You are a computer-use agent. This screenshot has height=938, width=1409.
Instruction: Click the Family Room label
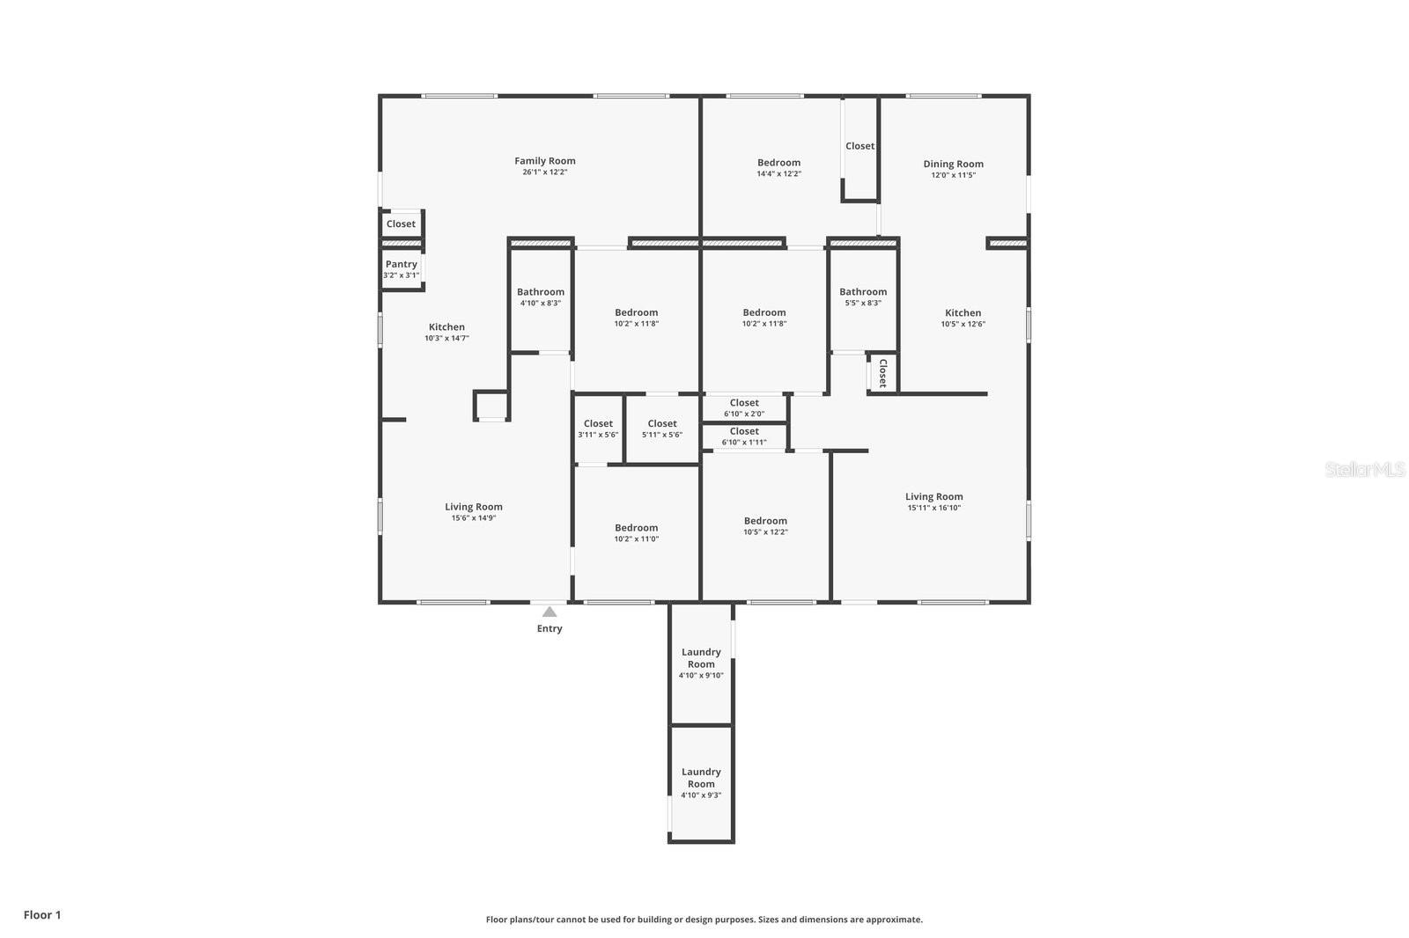[x=544, y=161]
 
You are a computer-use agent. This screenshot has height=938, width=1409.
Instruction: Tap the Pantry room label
[x=401, y=264]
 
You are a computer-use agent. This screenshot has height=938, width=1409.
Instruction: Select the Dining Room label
[x=953, y=164]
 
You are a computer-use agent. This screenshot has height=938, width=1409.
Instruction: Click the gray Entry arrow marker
[x=550, y=612]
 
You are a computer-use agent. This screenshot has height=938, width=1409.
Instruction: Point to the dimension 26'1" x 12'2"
[x=544, y=172]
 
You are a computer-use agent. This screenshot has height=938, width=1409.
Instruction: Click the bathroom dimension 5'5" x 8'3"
[x=862, y=303]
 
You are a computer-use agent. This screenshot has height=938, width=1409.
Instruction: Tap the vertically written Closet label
[x=882, y=373]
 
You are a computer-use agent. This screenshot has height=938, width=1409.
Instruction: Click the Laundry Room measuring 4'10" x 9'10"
[x=701, y=663]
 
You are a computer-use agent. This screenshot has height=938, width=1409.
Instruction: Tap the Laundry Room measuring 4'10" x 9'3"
[x=701, y=783]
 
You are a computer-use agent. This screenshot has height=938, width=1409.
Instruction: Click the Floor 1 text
[x=42, y=915]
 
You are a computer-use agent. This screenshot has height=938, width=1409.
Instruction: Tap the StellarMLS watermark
[x=1364, y=470]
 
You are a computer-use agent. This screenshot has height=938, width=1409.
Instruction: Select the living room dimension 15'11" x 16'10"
[x=933, y=508]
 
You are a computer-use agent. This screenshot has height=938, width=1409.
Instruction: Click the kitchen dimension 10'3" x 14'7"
[x=446, y=338]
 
